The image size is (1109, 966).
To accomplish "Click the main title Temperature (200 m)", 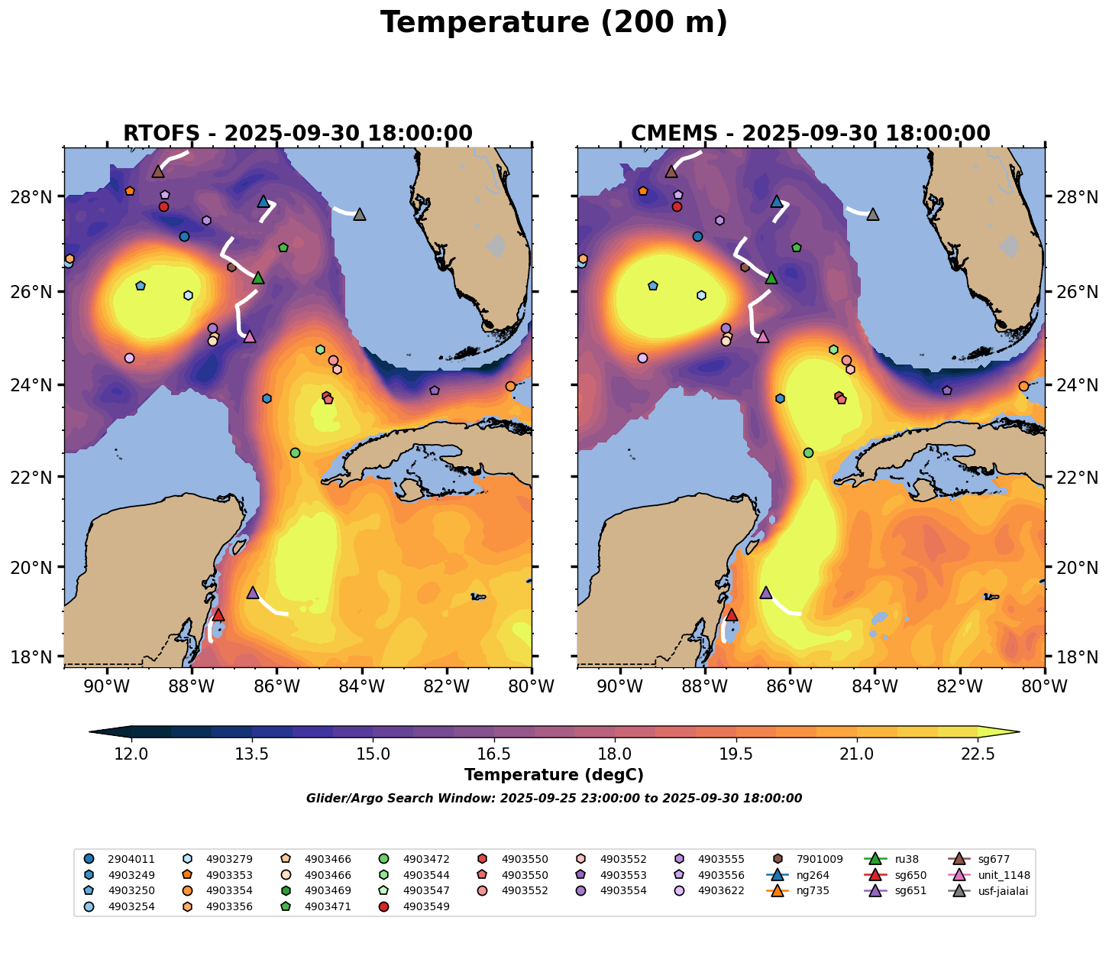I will [554, 23].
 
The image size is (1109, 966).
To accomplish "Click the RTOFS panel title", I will [298, 134].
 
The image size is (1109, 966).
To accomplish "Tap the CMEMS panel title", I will [810, 134].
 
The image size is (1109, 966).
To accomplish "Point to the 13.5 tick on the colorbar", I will [252, 754].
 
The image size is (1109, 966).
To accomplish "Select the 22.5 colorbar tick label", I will [978, 754].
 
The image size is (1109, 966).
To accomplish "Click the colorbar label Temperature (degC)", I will [554, 775].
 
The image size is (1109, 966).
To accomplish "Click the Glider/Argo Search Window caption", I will [554, 799].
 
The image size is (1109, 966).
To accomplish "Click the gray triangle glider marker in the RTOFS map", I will [360, 214].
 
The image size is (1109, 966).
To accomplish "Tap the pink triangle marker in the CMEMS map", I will [762, 336].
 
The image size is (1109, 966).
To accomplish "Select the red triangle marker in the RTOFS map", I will [218, 614].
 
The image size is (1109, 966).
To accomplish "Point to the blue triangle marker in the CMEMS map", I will [777, 201].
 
